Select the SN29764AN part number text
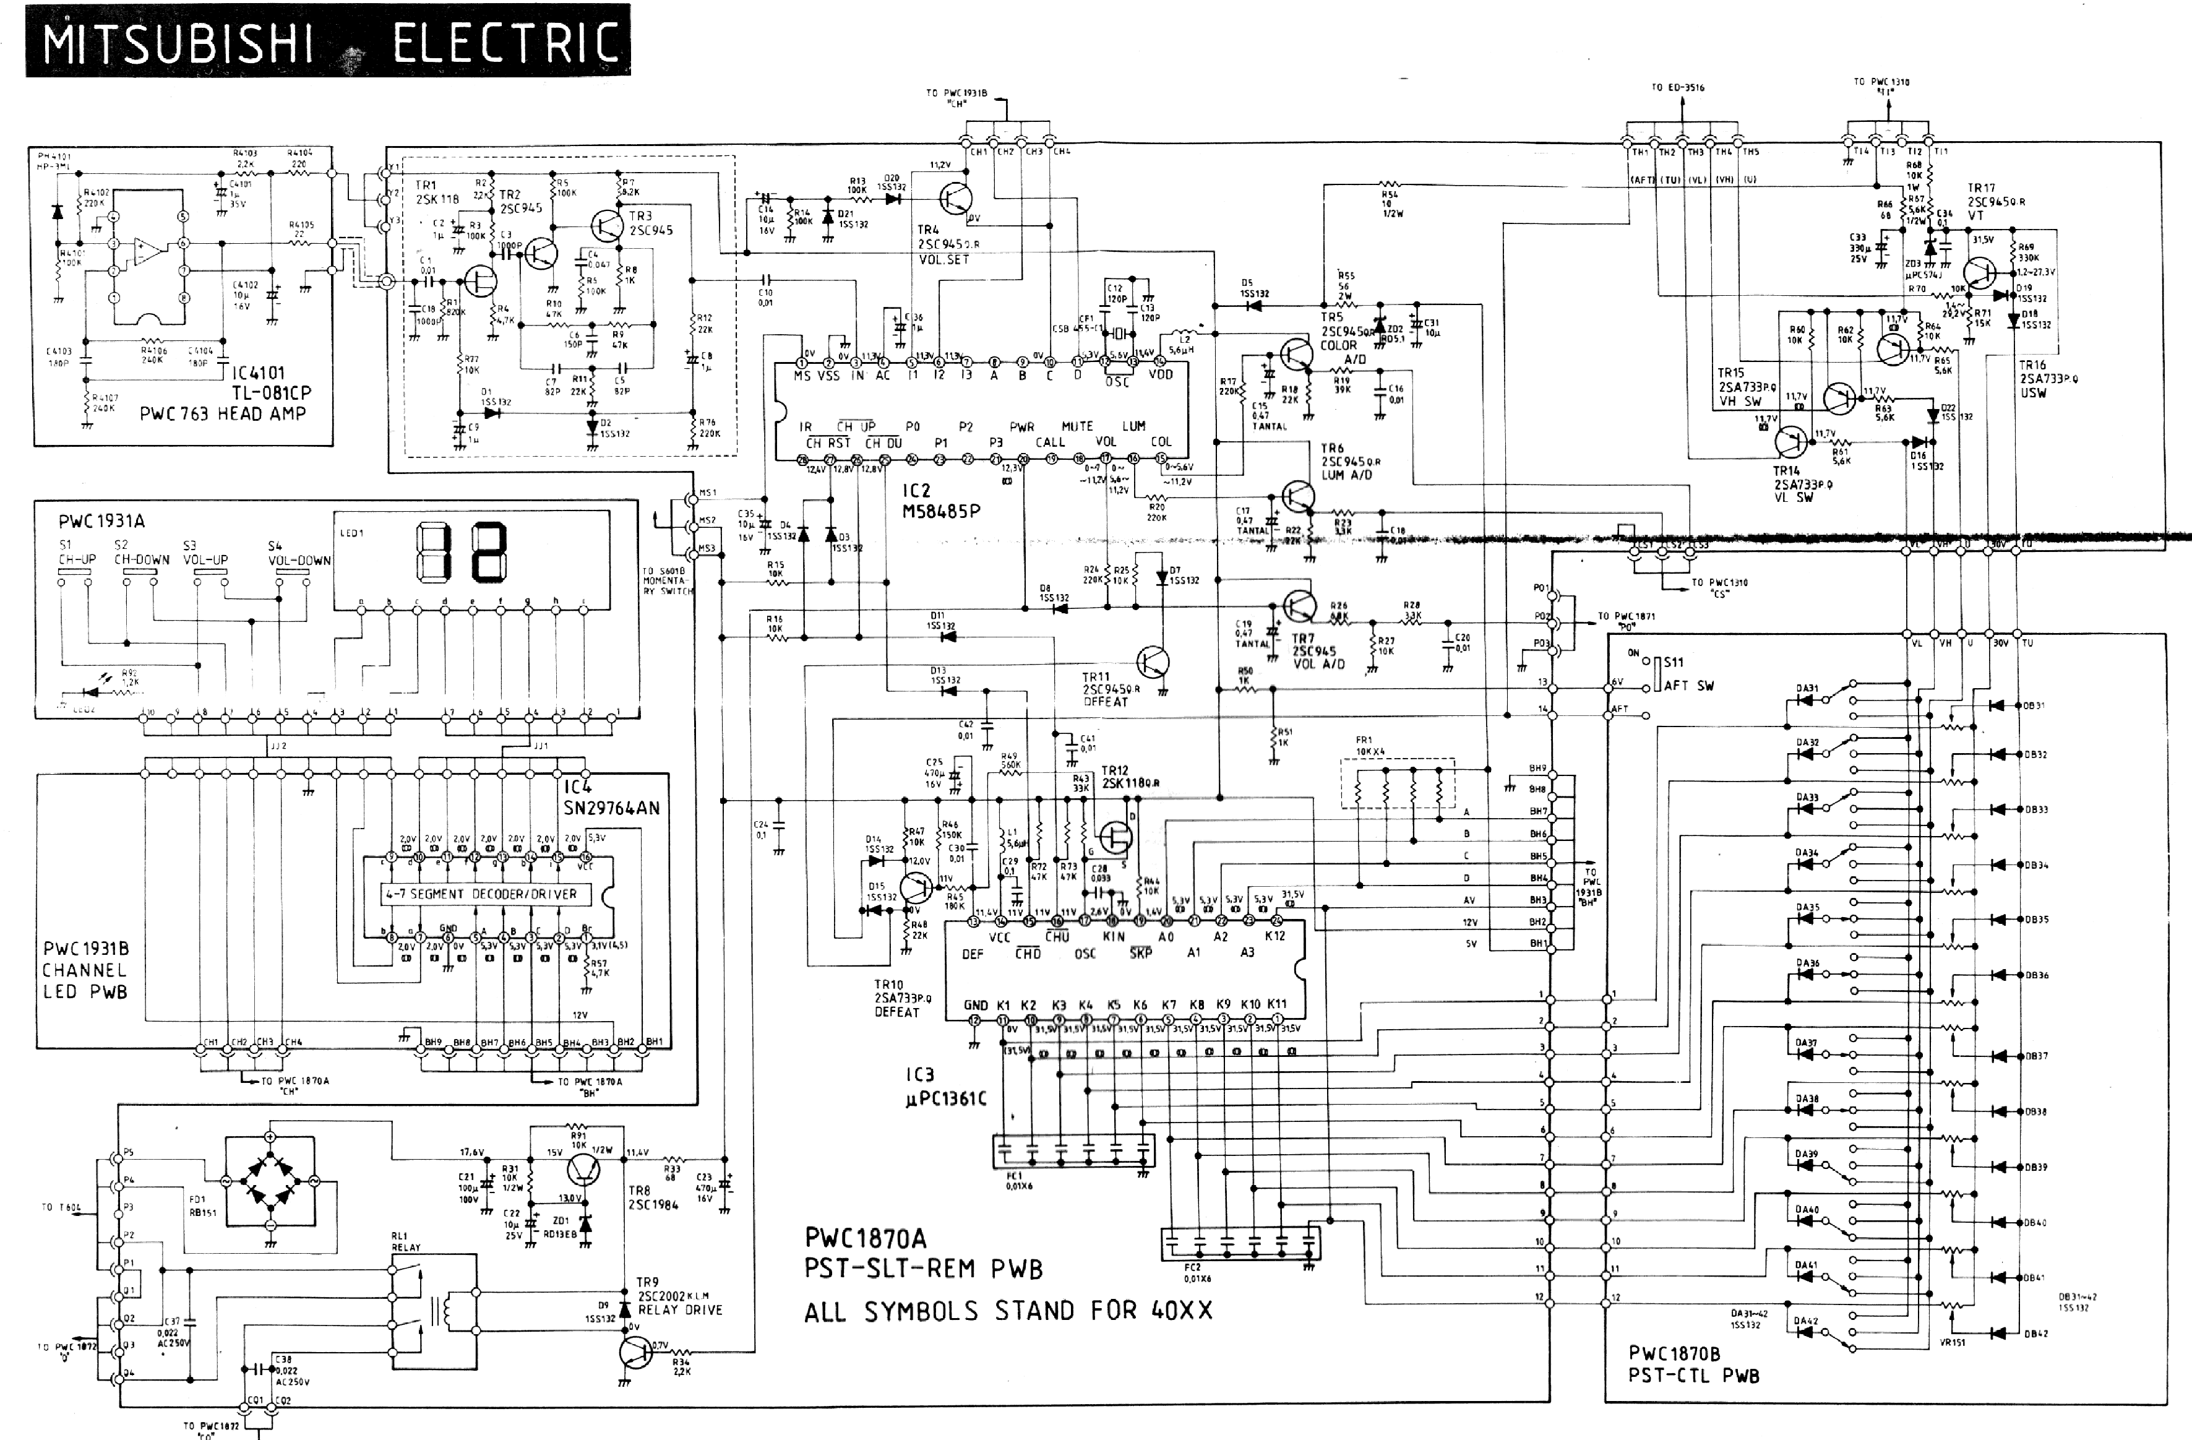[611, 808]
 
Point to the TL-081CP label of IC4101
[272, 392]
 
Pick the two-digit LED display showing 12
[462, 553]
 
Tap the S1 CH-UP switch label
[77, 553]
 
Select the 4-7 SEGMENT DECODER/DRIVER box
[480, 894]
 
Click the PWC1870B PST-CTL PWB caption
[1693, 1365]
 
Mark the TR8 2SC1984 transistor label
[652, 1197]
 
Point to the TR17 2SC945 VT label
[1995, 202]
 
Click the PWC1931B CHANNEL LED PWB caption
[85, 970]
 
